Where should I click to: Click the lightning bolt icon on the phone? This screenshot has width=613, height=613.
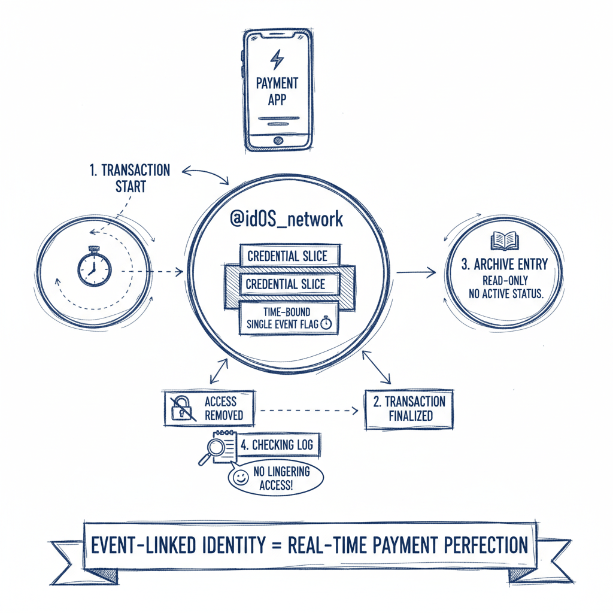point(277,60)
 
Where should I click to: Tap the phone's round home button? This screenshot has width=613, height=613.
point(277,139)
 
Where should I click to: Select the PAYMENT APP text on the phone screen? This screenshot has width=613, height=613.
point(277,91)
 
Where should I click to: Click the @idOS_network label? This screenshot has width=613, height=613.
point(287,219)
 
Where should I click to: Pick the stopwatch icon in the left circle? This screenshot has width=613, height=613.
point(94,266)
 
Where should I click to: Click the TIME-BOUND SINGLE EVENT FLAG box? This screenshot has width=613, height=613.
point(289,317)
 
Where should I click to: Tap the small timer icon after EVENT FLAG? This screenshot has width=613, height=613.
point(326,323)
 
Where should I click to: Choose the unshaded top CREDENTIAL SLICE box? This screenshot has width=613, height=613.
point(288,256)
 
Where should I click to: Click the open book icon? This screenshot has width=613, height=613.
point(505,241)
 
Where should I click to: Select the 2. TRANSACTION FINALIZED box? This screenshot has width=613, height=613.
point(409,408)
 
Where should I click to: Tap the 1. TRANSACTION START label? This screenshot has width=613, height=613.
point(130,178)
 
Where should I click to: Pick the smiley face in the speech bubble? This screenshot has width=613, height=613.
point(241,478)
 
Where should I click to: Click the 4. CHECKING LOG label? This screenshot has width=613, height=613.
point(276,445)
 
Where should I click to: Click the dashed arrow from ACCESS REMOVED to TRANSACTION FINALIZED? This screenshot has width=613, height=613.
point(308,411)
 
